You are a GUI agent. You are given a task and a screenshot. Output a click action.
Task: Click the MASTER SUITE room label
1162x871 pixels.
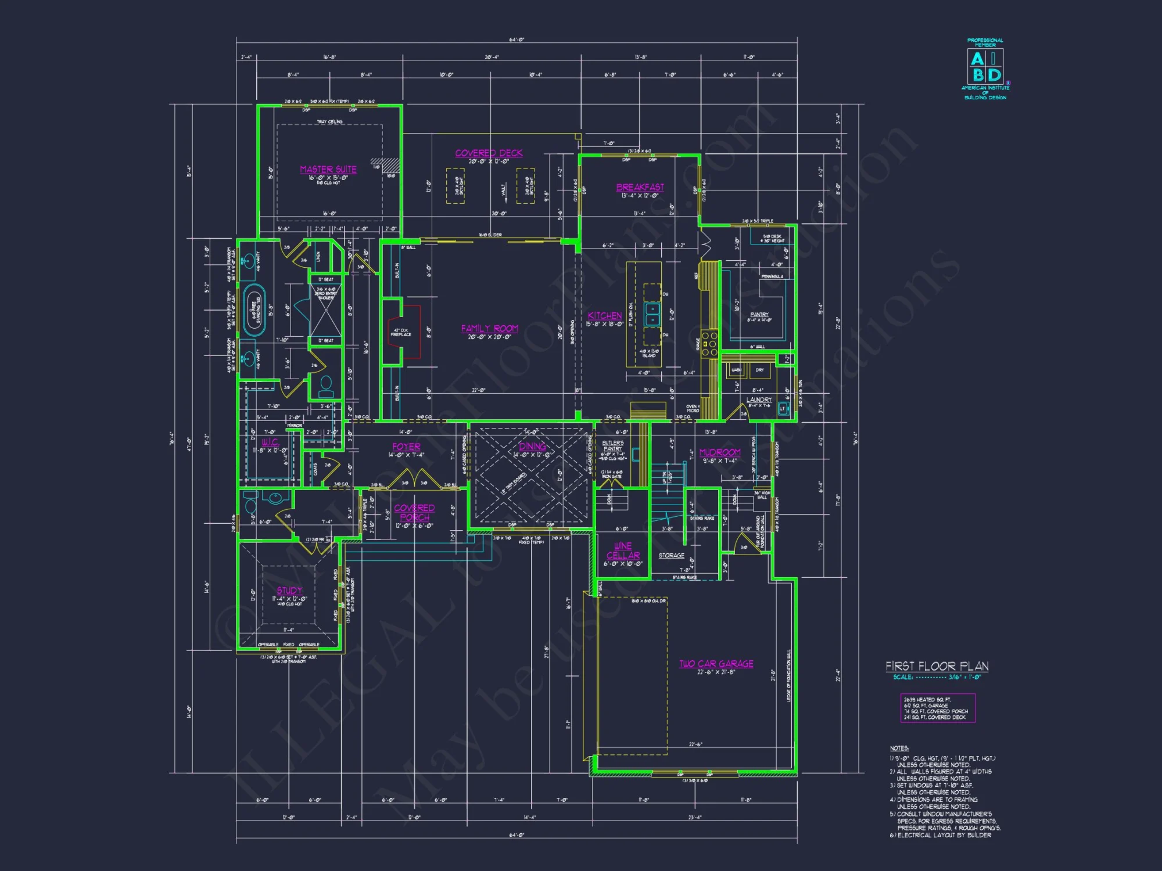[x=328, y=170]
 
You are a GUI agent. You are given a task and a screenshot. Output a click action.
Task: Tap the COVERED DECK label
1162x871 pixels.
[x=489, y=153]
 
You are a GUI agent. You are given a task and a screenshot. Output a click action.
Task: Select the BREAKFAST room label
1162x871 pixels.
[x=640, y=188]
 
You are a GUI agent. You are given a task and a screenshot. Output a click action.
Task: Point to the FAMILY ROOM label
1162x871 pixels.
[x=489, y=329]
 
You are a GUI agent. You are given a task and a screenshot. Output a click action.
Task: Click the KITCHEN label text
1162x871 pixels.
[x=605, y=316]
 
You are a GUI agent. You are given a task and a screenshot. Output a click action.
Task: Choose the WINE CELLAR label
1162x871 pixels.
[x=623, y=550]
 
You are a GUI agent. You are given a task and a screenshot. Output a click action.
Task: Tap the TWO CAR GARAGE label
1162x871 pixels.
[x=716, y=664]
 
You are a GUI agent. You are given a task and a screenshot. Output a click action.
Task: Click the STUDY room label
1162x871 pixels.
[x=289, y=591]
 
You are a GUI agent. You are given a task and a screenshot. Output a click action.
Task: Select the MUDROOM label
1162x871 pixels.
[x=720, y=452]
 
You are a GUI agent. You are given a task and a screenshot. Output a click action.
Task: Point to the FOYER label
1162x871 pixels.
[x=406, y=447]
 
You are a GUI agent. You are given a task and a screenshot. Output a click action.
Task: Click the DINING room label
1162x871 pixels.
[x=532, y=446]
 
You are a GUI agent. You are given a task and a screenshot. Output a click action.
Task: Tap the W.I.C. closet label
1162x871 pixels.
[x=270, y=442]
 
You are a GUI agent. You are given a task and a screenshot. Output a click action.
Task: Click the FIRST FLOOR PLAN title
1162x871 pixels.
[x=937, y=667]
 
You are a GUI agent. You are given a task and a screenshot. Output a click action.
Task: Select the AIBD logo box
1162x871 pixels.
[x=985, y=66]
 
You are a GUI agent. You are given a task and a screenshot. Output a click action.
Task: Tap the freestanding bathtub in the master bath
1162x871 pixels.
[x=254, y=311]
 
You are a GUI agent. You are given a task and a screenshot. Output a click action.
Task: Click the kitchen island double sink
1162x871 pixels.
[x=652, y=314]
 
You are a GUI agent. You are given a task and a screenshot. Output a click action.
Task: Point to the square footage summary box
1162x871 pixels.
[x=937, y=708]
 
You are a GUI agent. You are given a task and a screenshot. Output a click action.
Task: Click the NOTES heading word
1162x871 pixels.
[x=899, y=748]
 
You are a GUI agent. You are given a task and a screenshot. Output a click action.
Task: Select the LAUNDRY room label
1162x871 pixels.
[x=759, y=399]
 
